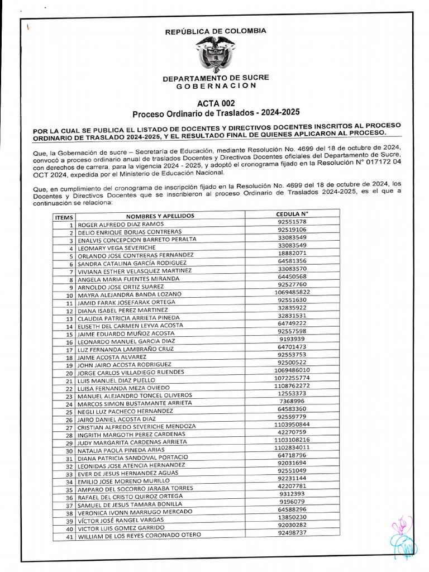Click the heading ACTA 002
coord(216,103)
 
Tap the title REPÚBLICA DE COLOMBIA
coord(216,31)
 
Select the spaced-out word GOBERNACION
coord(216,86)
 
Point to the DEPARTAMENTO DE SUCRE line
coord(216,78)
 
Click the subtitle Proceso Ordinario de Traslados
coord(216,113)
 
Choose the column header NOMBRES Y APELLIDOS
coord(160,216)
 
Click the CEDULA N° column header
coord(292,213)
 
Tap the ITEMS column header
coord(64,217)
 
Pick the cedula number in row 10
coord(292,292)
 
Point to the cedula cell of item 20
coord(292,370)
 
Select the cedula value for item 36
coord(292,494)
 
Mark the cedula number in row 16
coord(292,339)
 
